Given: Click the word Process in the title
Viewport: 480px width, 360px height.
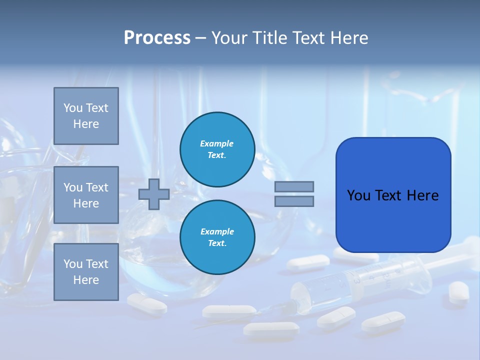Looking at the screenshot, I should pyautogui.click(x=157, y=38).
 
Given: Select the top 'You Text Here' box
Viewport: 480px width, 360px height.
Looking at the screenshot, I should pyautogui.click(x=86, y=116).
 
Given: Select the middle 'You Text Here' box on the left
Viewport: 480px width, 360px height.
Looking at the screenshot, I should pyautogui.click(x=86, y=195).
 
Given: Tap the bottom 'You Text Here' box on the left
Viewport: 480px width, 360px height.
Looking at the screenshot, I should pyautogui.click(x=86, y=271).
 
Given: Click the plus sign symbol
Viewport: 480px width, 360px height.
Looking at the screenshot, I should pyautogui.click(x=153, y=194).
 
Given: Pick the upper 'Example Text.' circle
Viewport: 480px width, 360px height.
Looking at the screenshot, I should pyautogui.click(x=217, y=149).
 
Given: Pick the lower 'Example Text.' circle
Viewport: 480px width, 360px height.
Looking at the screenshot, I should pyautogui.click(x=217, y=237).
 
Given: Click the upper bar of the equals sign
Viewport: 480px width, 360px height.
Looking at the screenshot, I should pyautogui.click(x=294, y=186).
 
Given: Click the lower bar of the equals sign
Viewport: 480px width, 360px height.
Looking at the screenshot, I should pyautogui.click(x=294, y=201).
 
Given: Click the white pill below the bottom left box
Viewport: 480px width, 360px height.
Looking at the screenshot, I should pyautogui.click(x=146, y=303).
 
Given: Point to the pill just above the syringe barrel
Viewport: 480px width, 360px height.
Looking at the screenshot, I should pyautogui.click(x=308, y=261).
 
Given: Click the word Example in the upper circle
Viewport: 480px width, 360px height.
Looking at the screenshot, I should pyautogui.click(x=217, y=143).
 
